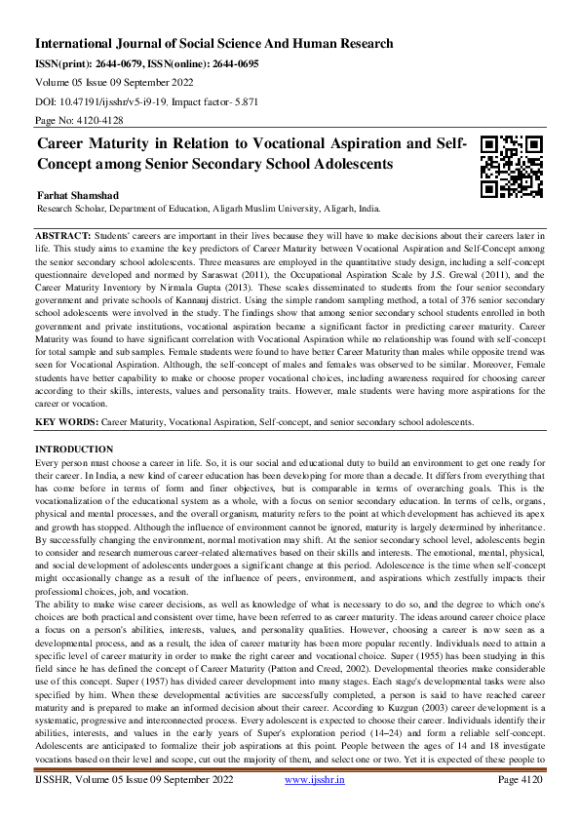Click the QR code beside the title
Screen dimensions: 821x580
tap(513, 165)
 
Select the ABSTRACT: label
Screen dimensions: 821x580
tap(63, 237)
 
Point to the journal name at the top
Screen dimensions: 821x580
tap(213, 44)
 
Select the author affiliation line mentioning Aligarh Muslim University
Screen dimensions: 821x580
tap(209, 209)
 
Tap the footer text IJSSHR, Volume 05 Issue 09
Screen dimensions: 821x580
tap(132, 807)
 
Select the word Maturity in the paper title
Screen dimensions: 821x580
tap(136, 143)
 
